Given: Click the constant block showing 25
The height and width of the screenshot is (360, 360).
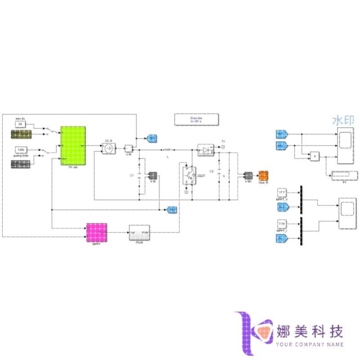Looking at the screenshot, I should point(20,124).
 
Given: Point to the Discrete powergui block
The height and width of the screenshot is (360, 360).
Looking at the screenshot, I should point(196,120).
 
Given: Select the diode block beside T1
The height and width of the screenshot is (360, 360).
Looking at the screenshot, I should point(206,149).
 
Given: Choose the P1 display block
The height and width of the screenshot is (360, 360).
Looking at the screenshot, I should point(343,174).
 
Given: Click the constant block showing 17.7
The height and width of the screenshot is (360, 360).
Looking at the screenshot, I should point(282,192).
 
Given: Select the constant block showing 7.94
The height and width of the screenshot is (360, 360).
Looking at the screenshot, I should point(282,223).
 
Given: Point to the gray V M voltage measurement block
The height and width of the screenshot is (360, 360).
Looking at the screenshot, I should point(152,175).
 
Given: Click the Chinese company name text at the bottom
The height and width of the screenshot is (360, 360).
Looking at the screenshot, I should point(311,331).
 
